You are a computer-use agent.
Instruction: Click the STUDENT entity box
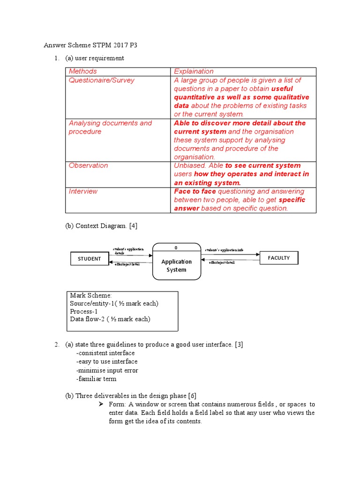(89, 259)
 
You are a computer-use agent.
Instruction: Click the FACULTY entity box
(278, 258)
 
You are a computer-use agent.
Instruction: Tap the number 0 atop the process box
(176, 247)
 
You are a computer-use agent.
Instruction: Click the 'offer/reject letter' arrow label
(127, 264)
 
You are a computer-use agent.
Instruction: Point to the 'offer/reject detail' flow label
(222, 262)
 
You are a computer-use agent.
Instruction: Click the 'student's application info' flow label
(224, 250)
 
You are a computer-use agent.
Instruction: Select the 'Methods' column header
(83, 71)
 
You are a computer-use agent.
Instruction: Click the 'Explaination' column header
(194, 71)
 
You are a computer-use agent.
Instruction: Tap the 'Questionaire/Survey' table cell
(102, 80)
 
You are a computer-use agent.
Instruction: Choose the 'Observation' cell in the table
(88, 165)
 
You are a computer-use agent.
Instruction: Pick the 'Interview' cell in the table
(83, 191)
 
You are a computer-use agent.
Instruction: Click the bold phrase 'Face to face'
(195, 191)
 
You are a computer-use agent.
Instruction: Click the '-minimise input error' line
(107, 370)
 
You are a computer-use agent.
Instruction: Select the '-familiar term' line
(96, 379)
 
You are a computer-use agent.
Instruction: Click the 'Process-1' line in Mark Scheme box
(83, 311)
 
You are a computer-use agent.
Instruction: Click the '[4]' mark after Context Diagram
(133, 226)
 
